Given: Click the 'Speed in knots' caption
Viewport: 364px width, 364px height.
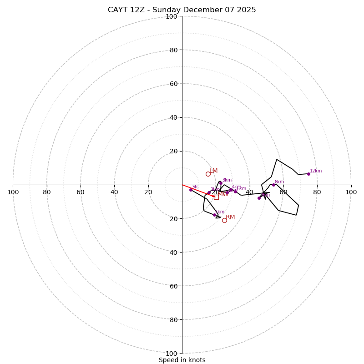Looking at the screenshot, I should (182, 360).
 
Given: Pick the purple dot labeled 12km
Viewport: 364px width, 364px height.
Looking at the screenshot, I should (308, 174).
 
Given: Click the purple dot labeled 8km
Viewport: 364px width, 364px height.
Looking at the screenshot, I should (273, 185).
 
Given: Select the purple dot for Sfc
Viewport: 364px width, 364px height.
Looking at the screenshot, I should (191, 190).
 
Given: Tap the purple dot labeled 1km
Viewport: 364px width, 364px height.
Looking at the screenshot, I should (214, 215).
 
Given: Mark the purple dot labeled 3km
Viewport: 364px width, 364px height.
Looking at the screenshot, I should (221, 183).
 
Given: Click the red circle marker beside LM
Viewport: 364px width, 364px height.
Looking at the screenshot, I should (208, 174).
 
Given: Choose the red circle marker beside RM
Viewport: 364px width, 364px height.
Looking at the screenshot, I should (224, 220).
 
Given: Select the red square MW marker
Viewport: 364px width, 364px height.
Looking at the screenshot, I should (216, 197).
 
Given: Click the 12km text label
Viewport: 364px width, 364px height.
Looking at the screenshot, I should (316, 171).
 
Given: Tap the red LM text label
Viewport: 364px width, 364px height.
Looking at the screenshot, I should (213, 171).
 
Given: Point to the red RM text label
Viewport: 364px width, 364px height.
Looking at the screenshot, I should (230, 217).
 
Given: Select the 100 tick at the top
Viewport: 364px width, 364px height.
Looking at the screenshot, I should (172, 16).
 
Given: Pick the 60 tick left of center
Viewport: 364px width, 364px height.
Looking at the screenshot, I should (81, 192).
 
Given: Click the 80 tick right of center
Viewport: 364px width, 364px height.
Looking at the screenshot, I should (317, 192).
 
